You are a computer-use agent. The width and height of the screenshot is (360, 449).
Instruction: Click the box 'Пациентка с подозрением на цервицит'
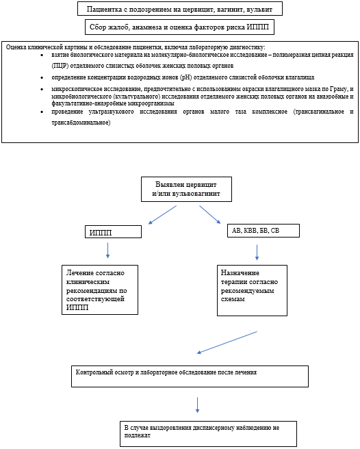pyautogui.click(x=180, y=9)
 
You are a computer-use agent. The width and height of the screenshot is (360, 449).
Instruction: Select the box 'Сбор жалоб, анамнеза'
pyautogui.click(x=180, y=27)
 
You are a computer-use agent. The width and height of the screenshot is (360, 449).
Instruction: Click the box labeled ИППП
pyautogui.click(x=112, y=231)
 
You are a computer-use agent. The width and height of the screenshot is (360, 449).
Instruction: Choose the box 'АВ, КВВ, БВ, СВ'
pyautogui.click(x=263, y=231)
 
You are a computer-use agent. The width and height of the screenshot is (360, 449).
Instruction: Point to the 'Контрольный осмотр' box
pyautogui.click(x=190, y=376)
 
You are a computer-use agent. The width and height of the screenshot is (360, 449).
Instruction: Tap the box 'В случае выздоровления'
pyautogui.click(x=207, y=433)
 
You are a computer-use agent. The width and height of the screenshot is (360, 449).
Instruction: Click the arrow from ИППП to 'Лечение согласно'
pyautogui.click(x=107, y=250)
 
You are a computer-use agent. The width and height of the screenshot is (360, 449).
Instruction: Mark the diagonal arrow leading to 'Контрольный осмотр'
pyautogui.click(x=227, y=343)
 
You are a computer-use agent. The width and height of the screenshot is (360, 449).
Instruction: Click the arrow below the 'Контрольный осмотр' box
pyautogui.click(x=197, y=404)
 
